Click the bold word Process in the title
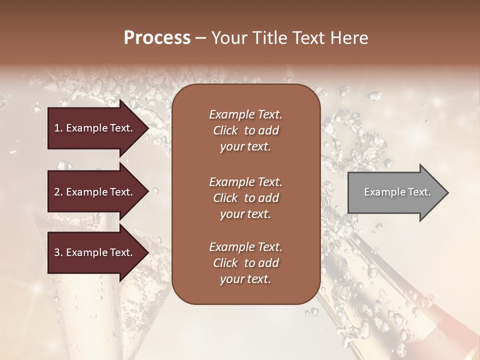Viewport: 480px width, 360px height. pos(157,38)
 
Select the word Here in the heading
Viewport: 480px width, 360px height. pos(350,38)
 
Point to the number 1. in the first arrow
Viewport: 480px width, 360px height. pos(58,128)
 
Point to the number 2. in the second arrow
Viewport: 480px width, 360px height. pos(58,192)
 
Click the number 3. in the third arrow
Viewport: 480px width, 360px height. pos(58,252)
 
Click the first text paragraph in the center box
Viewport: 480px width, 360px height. pos(245,130)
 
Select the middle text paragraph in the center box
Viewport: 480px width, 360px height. pos(245,197)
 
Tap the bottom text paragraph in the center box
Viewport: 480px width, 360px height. pos(245,263)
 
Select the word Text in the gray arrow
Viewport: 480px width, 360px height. pos(419,192)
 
